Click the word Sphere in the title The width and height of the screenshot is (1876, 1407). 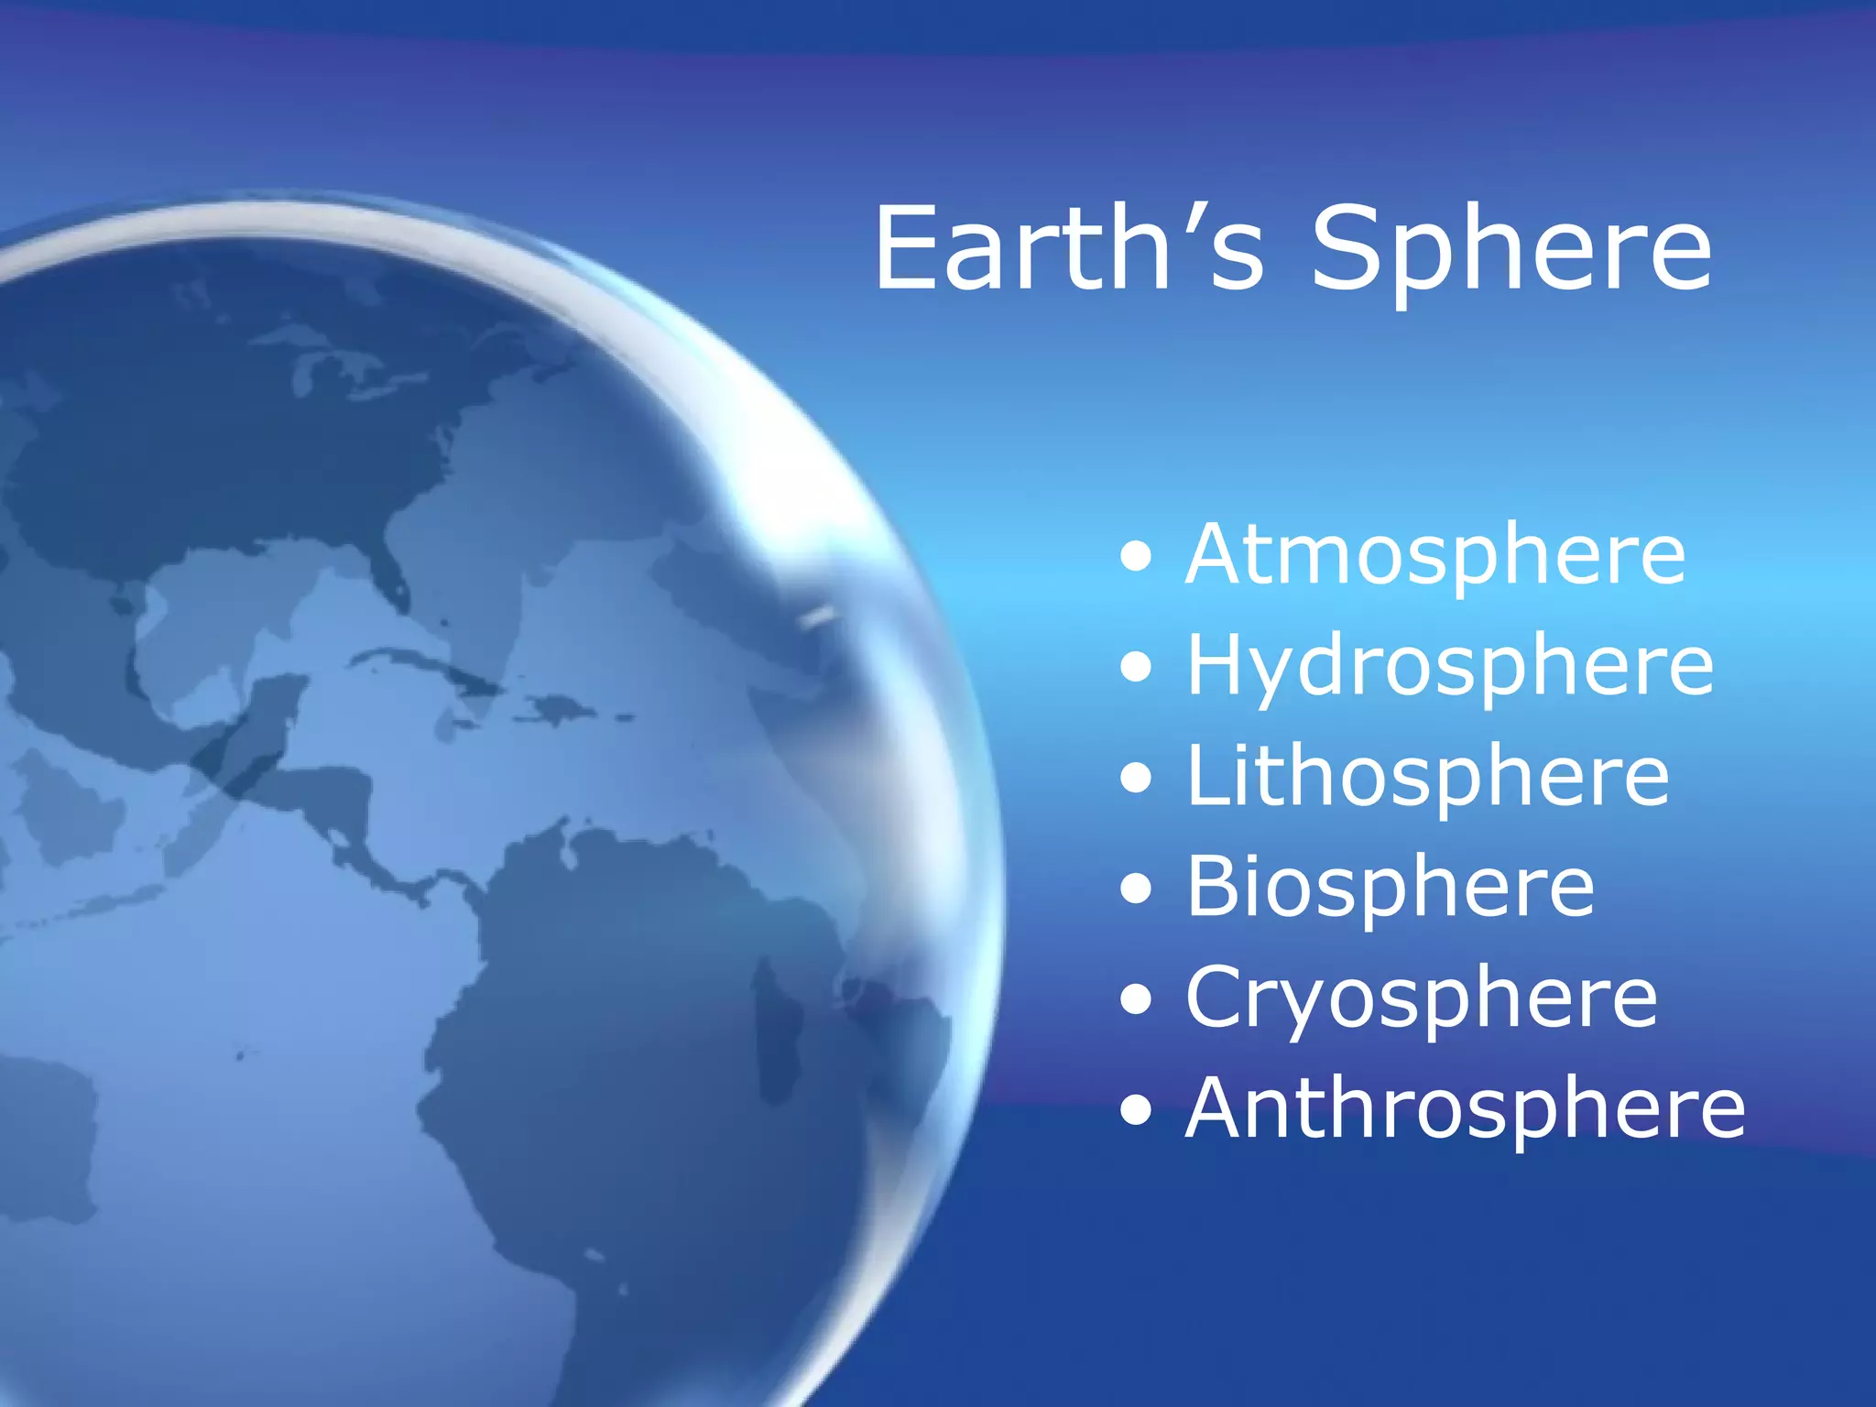coord(1511,252)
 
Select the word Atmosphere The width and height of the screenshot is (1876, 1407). coord(1435,556)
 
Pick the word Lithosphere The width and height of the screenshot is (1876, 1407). coord(1427,778)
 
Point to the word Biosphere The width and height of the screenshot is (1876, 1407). coord(1390,888)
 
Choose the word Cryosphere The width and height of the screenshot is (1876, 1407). coord(1421,999)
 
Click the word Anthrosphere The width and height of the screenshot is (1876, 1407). coord(1465,1109)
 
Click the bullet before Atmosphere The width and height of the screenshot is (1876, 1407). coord(1136,556)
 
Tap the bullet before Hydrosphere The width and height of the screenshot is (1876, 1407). coord(1136,667)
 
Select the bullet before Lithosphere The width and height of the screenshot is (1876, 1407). coord(1136,778)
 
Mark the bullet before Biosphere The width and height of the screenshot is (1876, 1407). coord(1136,889)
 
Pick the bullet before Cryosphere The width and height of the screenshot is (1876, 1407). coord(1136,999)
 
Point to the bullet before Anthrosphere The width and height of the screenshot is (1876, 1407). coord(1136,1110)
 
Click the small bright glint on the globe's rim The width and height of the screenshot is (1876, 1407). coord(818,618)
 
